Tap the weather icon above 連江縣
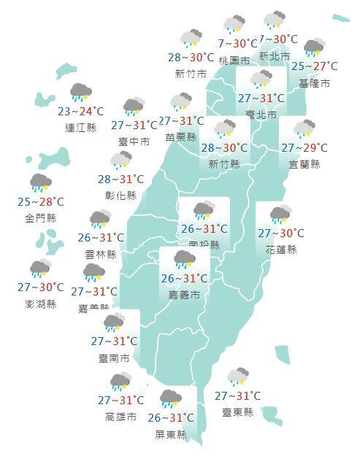[80, 93]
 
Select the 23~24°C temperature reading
[80, 112]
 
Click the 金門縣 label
[41, 218]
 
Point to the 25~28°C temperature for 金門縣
[41, 202]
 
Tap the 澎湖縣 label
[41, 304]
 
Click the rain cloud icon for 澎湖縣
[41, 269]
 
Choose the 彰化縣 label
[121, 196]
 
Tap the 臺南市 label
[115, 358]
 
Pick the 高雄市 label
[120, 417]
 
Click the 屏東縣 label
[171, 435]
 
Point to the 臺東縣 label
[238, 412]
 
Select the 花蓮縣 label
[281, 250]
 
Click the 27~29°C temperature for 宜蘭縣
[305, 148]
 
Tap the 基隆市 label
[314, 84]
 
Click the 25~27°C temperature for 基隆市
[315, 67]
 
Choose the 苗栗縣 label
[181, 136]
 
